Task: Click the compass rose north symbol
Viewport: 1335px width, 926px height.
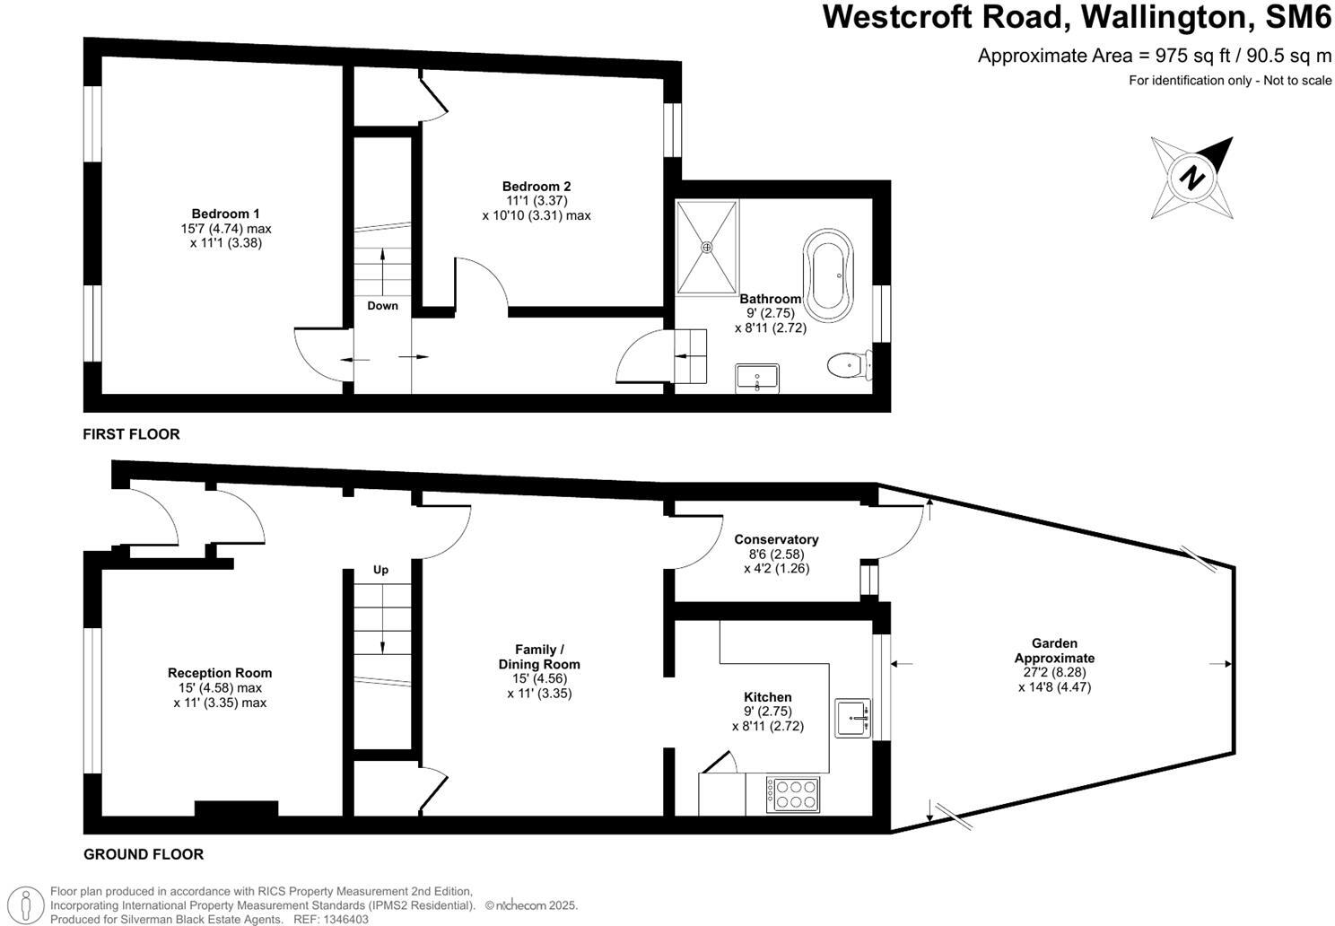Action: [x=1191, y=177]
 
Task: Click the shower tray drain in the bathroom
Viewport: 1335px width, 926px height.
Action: [x=707, y=247]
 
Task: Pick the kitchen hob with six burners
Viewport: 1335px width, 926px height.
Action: [x=793, y=794]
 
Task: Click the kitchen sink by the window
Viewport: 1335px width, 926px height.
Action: [x=853, y=718]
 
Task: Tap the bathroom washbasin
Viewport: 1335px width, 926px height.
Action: [x=758, y=378]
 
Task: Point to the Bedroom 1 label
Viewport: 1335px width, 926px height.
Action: [x=225, y=214]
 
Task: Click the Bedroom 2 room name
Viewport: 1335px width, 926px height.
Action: [x=537, y=187]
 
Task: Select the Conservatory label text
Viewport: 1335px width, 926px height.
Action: [x=776, y=539]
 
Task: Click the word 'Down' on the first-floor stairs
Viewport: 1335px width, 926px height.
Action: [x=382, y=306]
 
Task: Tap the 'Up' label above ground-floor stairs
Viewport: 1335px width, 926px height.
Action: [x=381, y=570]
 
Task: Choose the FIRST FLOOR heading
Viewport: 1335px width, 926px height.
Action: [x=131, y=434]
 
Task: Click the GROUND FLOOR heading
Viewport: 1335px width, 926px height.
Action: [x=144, y=854]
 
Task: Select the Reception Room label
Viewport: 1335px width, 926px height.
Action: [x=220, y=673]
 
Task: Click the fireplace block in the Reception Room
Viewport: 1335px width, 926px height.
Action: [x=236, y=808]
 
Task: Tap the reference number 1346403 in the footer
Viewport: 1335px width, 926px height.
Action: [x=345, y=919]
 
